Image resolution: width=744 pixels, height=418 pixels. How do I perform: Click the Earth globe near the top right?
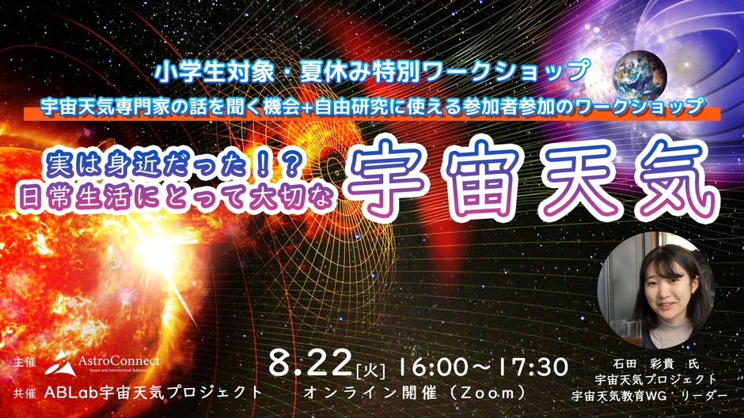point(640,75)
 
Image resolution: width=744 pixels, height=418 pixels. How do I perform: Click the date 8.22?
point(310,364)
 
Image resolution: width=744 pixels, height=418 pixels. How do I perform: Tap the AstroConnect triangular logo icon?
point(61,363)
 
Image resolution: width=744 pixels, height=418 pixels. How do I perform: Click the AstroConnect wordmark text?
point(119,361)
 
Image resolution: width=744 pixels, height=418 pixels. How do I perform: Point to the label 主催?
point(25,363)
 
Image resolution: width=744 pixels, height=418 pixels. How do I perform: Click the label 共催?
point(25,394)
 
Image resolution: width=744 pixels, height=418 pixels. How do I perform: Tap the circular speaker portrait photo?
point(655,291)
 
